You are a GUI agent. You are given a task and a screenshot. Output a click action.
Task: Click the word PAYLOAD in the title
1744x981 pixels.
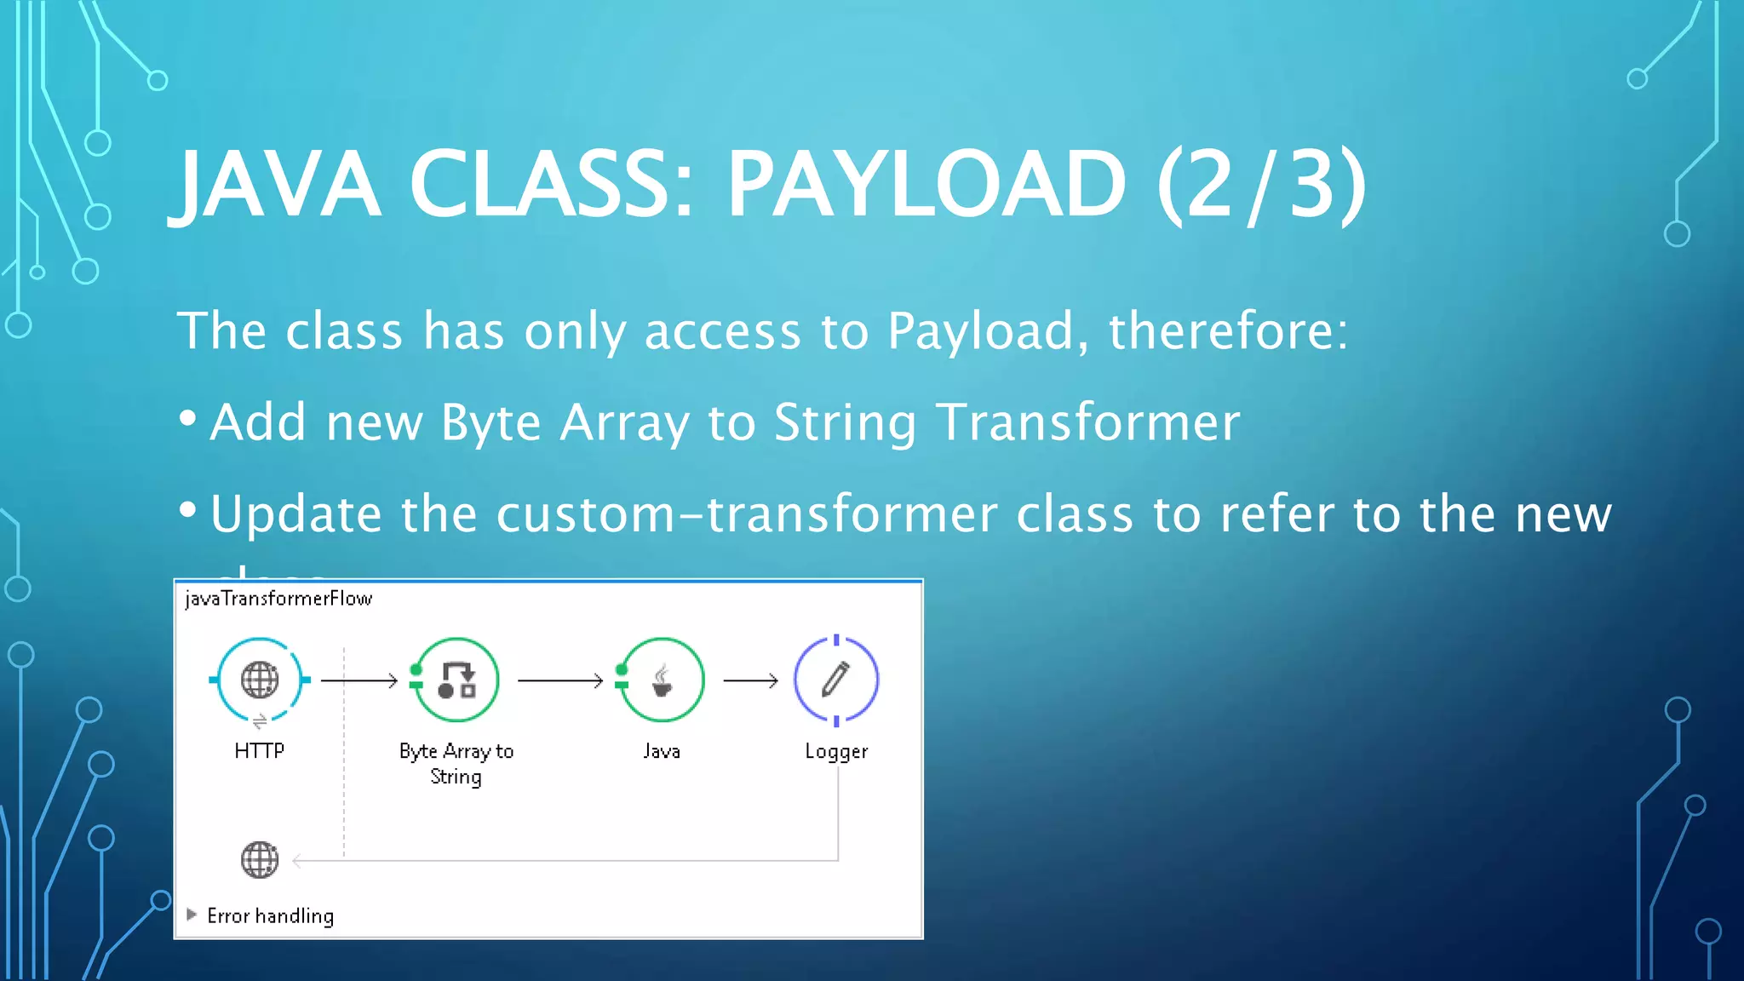point(926,184)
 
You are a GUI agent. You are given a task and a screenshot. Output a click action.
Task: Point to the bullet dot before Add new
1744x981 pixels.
point(188,418)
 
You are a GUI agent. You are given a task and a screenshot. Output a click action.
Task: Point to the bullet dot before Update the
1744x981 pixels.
point(188,510)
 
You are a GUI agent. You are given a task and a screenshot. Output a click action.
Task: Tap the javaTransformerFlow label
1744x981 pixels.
point(278,599)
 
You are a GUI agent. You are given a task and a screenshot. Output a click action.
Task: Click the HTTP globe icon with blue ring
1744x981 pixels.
point(260,680)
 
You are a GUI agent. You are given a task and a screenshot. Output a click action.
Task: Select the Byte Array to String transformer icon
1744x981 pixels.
point(456,680)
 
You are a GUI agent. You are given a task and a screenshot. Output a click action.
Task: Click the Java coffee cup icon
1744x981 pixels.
point(662,680)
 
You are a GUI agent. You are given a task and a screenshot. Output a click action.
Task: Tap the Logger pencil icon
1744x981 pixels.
point(835,680)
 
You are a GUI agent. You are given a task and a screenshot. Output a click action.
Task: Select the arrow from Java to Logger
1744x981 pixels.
point(750,680)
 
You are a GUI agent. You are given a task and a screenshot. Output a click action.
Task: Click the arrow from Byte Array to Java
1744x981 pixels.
point(560,680)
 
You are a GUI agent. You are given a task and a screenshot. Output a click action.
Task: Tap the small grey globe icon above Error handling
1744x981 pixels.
point(260,859)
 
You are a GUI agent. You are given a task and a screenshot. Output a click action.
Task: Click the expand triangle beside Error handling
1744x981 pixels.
point(192,915)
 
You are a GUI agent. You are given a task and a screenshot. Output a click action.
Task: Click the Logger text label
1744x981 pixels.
point(836,751)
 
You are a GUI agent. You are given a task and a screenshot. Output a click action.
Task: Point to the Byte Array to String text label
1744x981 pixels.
point(456,763)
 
